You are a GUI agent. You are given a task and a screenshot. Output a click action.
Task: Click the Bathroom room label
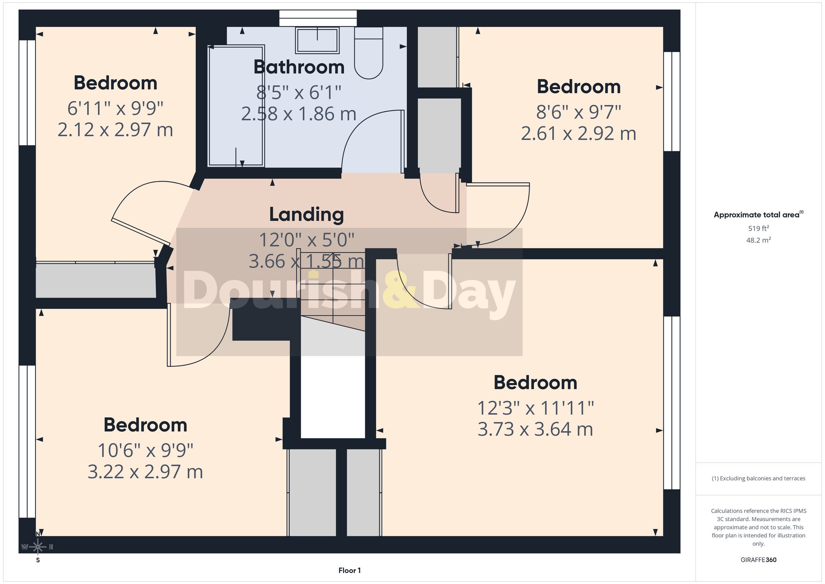point(299,67)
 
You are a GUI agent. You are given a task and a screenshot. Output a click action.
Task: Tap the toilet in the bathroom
point(369,53)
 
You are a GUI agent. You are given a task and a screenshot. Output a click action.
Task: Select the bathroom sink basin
point(317,40)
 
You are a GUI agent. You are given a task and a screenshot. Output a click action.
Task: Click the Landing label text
point(306,215)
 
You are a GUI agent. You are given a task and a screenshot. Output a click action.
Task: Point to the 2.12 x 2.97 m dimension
point(115,130)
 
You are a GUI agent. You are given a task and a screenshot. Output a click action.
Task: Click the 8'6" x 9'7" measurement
point(579,112)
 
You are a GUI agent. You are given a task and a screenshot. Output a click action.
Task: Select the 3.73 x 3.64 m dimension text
point(535,429)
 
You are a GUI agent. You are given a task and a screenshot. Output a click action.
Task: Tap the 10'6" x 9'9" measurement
point(146,450)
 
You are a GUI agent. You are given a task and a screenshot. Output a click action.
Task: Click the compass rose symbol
point(38,547)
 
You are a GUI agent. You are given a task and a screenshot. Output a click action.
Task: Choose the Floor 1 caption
point(349,570)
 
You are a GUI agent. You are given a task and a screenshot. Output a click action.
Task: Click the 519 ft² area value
point(759,228)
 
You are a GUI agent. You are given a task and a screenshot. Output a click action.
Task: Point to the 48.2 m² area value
point(759,240)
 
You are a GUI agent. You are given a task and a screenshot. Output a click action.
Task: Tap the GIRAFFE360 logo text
point(759,560)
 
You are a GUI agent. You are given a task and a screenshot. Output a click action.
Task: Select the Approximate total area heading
point(759,214)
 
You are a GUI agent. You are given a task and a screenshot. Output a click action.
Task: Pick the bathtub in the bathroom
point(236,106)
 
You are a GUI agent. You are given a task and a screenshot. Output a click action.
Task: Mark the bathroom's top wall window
point(318,19)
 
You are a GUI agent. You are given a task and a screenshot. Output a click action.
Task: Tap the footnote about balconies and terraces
point(759,478)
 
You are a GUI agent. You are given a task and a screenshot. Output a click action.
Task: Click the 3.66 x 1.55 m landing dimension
point(306,261)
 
